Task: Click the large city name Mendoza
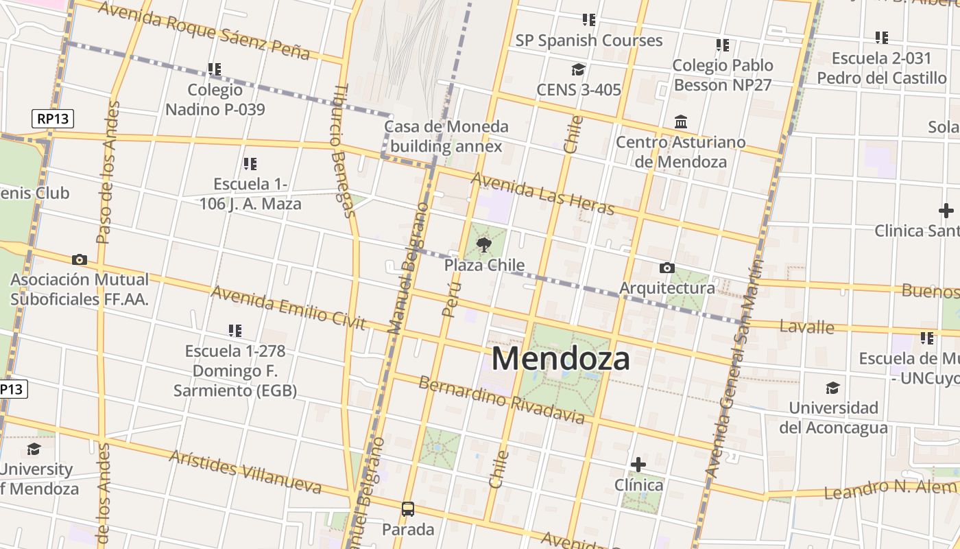(560, 358)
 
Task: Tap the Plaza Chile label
(484, 265)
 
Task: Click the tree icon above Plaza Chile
(484, 244)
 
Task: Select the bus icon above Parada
(408, 509)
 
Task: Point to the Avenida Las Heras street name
(542, 193)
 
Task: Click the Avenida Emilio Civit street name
(288, 307)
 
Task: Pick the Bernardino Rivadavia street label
(501, 400)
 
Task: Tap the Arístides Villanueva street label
(245, 471)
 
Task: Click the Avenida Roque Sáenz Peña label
(204, 30)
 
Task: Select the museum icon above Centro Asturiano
(681, 122)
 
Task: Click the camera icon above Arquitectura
(667, 268)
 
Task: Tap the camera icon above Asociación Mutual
(80, 259)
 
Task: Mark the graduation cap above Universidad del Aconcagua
(832, 388)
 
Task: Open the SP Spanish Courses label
(589, 40)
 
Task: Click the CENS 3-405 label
(578, 89)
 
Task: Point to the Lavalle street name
(807, 327)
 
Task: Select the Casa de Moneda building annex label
(446, 136)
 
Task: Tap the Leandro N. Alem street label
(889, 489)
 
